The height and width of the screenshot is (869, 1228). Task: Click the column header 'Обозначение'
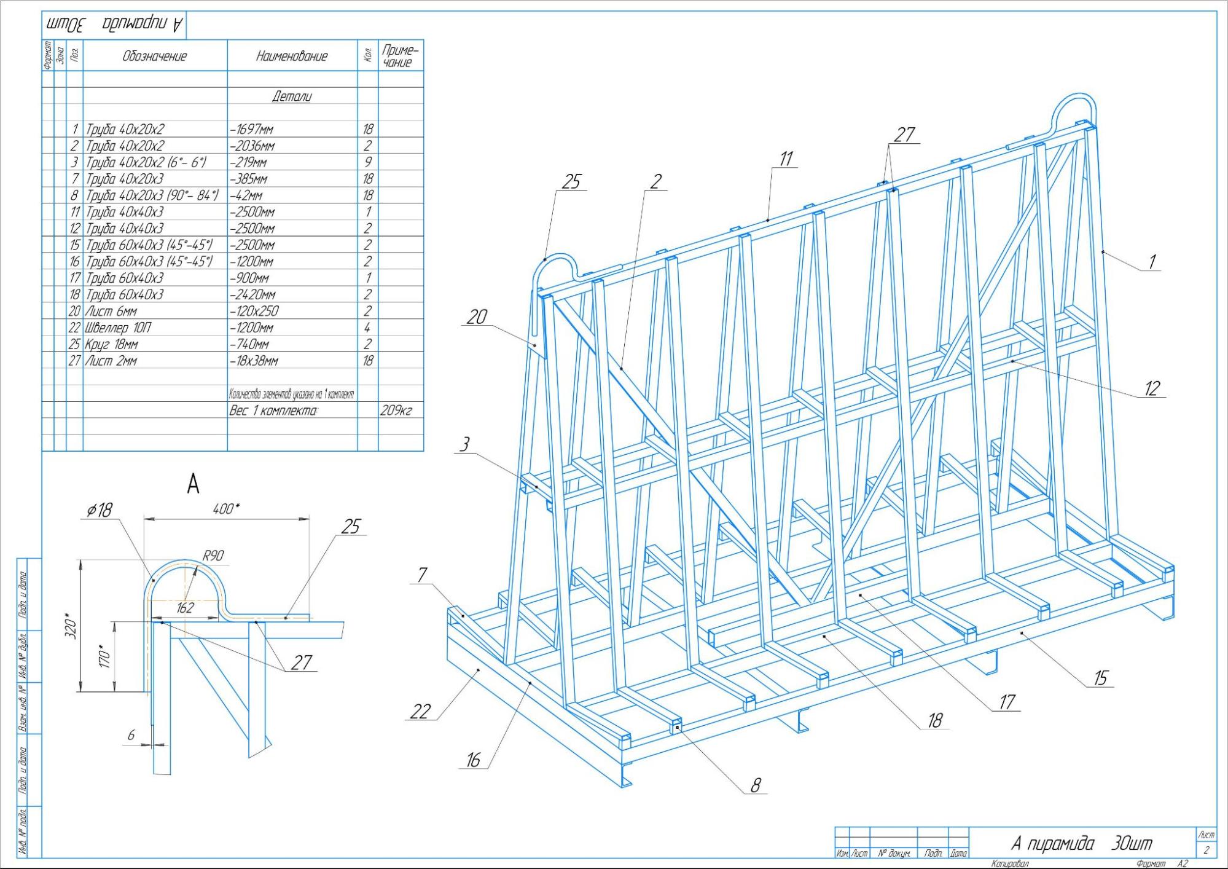pos(154,57)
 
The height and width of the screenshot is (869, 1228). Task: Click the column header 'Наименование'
pos(292,57)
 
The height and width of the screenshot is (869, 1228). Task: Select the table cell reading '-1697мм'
pos(252,130)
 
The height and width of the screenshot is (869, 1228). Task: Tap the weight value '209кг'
pos(396,411)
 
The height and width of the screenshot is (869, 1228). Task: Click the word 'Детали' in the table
pos(292,96)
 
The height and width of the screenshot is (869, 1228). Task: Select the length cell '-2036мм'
pos(252,146)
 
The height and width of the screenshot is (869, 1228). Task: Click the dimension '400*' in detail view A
pos(226,509)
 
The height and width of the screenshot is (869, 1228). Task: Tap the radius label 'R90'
pos(213,556)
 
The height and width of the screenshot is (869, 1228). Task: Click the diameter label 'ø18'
pos(100,510)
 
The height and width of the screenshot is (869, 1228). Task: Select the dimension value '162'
pos(184,608)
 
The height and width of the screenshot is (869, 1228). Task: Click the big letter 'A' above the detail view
pos(193,485)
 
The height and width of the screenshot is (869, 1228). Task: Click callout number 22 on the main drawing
pos(420,712)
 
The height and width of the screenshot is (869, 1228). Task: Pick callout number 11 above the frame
pos(786,159)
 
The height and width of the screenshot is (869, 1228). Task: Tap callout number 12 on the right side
pos(1151,388)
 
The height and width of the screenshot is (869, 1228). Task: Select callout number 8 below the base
pos(755,785)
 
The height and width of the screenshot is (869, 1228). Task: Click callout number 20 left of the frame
pos(477,317)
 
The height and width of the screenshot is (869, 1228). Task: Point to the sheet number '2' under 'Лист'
pos(1206,850)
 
